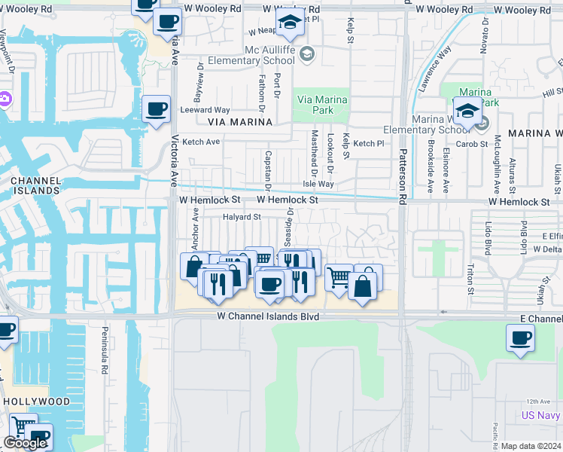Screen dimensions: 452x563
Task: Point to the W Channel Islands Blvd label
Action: tap(269, 317)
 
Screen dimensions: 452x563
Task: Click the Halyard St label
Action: tap(241, 217)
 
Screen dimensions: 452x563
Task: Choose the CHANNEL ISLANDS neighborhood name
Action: tap(35, 185)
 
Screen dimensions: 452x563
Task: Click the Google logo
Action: tap(25, 443)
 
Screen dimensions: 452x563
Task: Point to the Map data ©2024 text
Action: tap(531, 446)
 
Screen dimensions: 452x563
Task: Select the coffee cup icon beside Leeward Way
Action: tap(156, 109)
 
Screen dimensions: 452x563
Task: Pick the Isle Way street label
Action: tap(318, 184)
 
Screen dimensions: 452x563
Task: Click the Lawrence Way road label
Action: tap(435, 69)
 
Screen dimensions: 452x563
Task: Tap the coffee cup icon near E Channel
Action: tap(520, 337)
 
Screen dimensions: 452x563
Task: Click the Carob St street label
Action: tap(475, 143)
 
